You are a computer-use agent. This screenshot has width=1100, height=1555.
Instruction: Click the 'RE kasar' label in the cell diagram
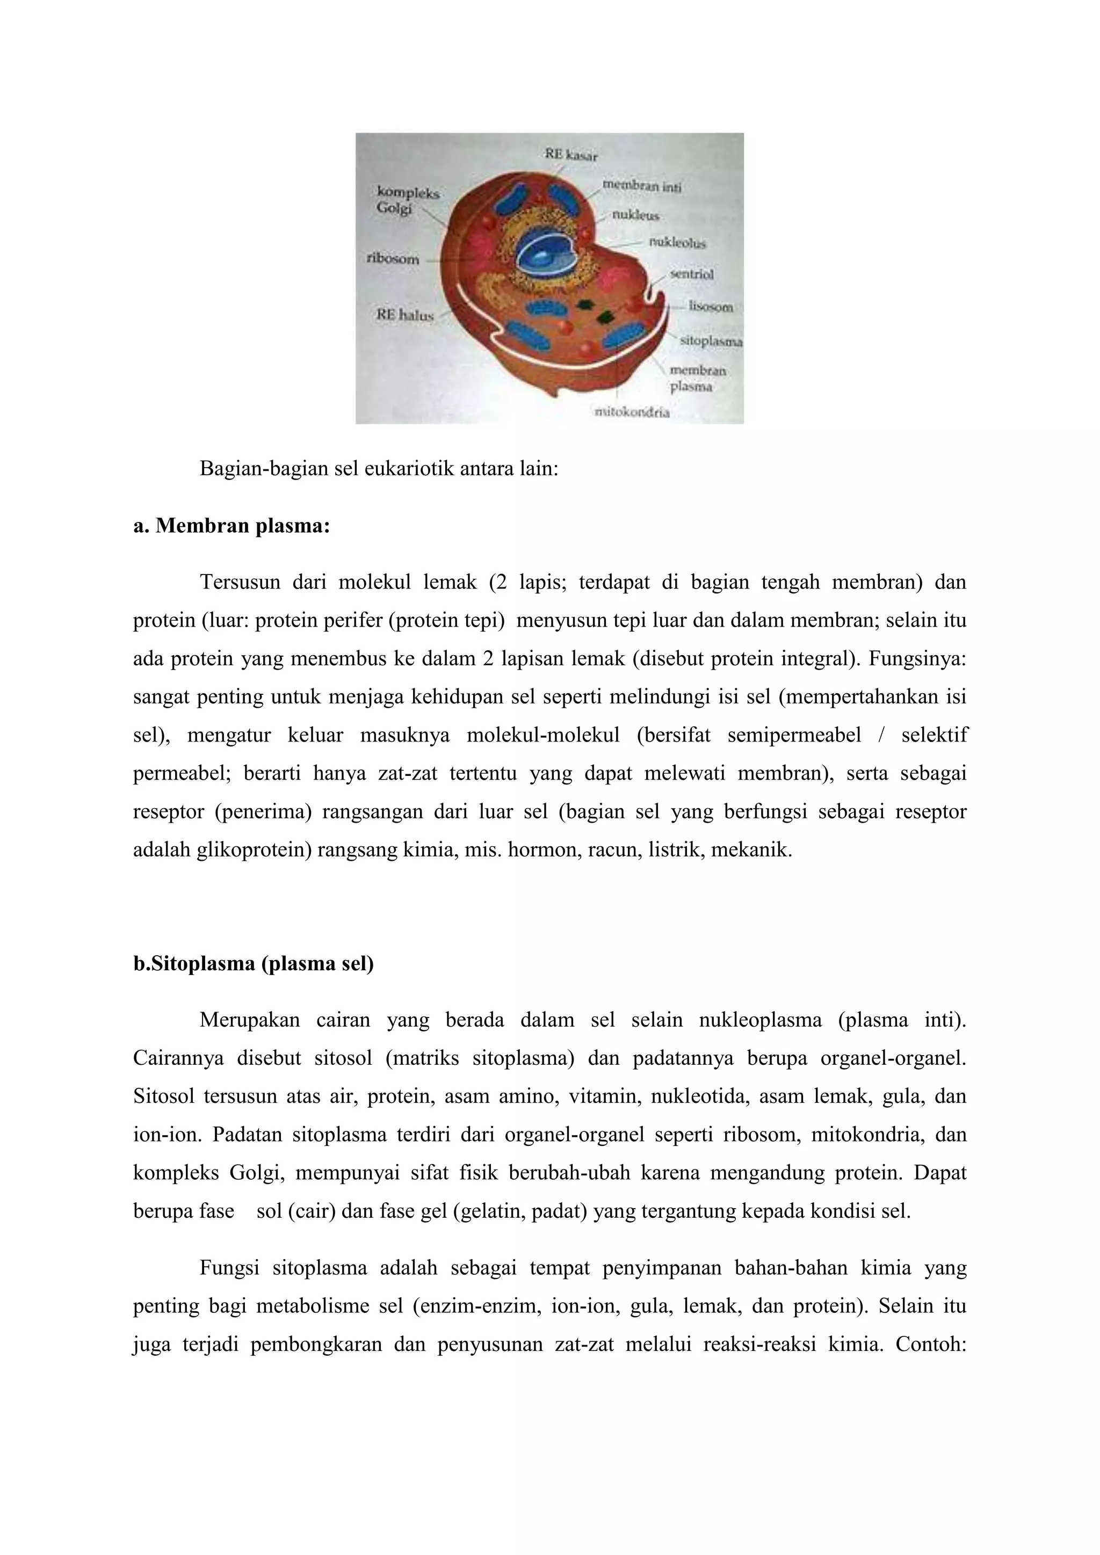[x=571, y=155]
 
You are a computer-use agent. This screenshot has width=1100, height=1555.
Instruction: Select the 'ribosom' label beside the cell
[x=392, y=259]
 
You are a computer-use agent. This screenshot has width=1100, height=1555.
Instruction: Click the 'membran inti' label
[x=641, y=186]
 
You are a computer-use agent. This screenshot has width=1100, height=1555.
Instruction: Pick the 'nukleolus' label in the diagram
[x=677, y=243]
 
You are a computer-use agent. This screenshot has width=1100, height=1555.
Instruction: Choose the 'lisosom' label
[x=711, y=307]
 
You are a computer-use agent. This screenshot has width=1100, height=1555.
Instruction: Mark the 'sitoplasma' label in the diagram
[x=711, y=342]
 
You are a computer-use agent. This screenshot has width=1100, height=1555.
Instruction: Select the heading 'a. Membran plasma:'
[x=231, y=526]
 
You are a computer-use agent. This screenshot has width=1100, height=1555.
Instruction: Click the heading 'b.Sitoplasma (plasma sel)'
[x=254, y=964]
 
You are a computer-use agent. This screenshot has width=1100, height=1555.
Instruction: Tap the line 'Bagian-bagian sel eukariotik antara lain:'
[x=379, y=469]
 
